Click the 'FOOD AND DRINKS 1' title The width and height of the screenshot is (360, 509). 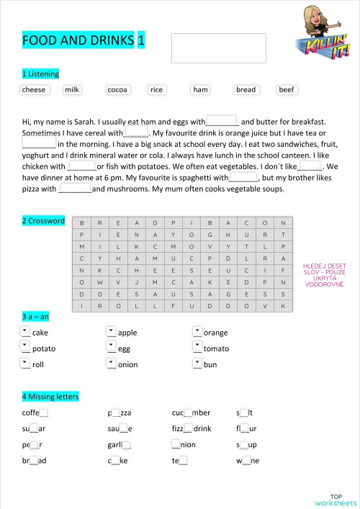pos(83,41)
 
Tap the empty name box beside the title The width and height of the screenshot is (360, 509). pos(218,48)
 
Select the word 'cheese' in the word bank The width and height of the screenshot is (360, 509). pos(34,90)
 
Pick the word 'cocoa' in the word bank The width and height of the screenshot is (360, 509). pos(117,90)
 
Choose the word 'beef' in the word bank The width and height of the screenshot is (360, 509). pos(287,90)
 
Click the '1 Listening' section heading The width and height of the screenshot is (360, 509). pos(41,74)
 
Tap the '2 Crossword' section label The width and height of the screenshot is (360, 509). pos(43,221)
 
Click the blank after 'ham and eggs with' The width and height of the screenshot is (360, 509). pos(222,122)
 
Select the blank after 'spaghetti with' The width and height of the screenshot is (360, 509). pos(243,177)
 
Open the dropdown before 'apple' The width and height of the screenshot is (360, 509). pos(111,332)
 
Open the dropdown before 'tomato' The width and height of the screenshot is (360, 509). pos(197,348)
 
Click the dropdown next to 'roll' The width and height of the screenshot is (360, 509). pos(26,364)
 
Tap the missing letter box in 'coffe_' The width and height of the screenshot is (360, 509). pos(44,413)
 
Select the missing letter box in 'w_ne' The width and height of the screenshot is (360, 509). pos(246,461)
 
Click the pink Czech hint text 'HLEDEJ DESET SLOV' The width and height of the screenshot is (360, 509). pos(325,274)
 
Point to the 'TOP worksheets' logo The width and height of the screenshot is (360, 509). pos(336,500)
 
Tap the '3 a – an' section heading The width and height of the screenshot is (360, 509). pos(35,317)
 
